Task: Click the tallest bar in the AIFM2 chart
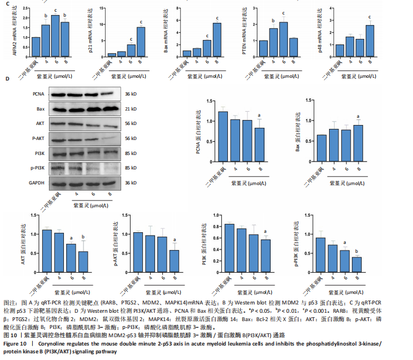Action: pyautogui.click(x=55, y=36)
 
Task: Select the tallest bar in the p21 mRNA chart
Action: pyautogui.click(x=141, y=42)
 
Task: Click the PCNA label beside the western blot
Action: pyautogui.click(x=54, y=94)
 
